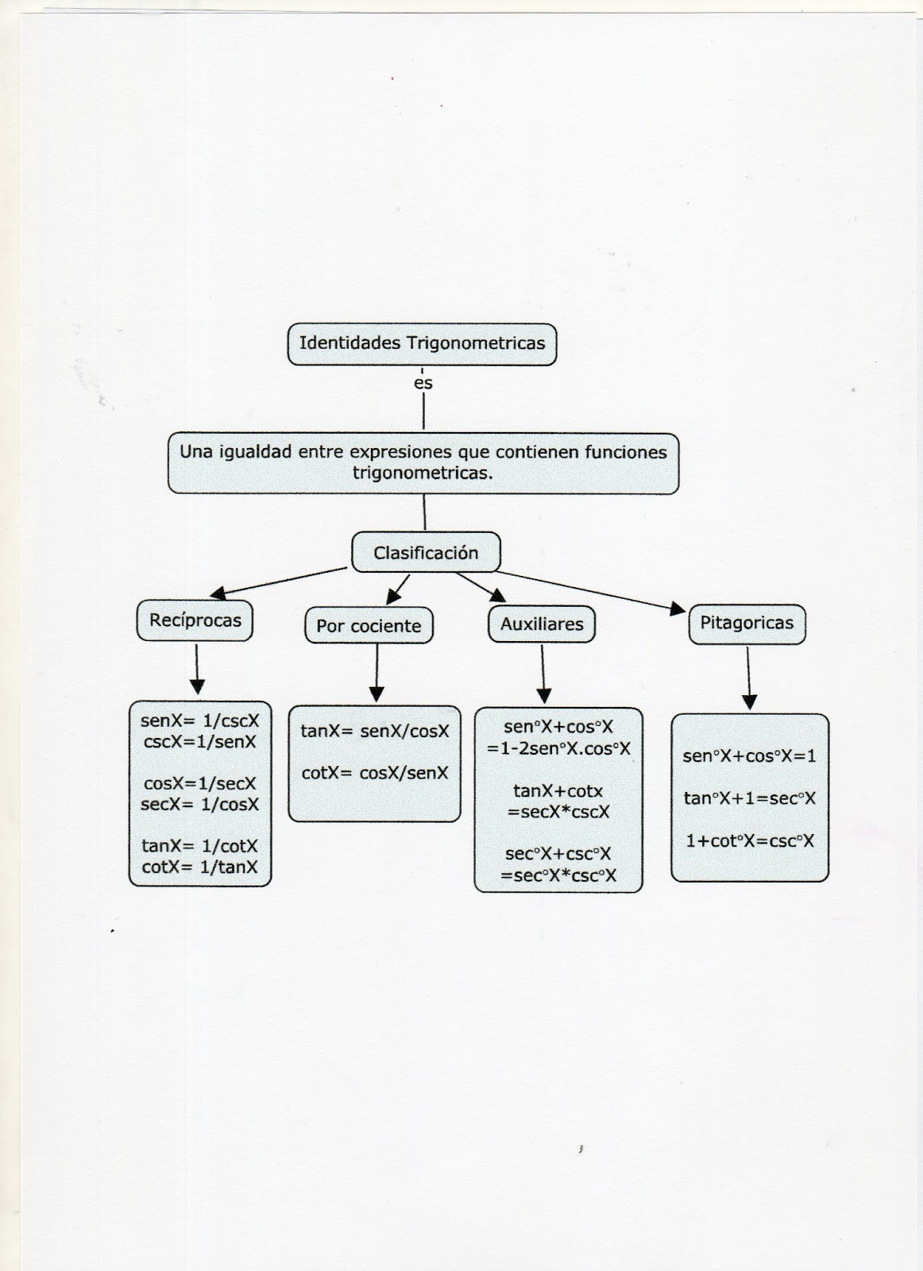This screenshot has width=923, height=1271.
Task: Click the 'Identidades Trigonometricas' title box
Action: pos(422,344)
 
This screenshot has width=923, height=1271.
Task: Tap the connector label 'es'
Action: pos(423,384)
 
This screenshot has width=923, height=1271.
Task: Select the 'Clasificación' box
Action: pos(426,552)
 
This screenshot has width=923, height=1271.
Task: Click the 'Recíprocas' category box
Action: pos(195,620)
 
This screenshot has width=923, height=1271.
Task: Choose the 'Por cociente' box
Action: pos(369,625)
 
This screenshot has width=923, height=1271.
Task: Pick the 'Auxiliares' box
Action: pos(542,624)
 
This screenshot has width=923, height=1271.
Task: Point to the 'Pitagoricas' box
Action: pos(747,624)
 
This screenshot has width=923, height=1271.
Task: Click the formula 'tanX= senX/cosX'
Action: pos(374,731)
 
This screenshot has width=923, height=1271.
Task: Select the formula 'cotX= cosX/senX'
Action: pos(374,773)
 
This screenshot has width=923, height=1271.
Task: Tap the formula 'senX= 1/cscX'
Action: pos(199,720)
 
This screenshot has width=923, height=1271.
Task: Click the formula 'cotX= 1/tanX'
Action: pos(199,867)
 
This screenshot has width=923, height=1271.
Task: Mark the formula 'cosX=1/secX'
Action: pos(199,783)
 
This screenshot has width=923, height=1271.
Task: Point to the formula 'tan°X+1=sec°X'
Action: pos(749,798)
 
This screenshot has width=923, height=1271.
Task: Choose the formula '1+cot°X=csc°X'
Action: pos(749,841)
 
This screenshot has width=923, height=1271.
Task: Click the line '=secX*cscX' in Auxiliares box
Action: pos(558,812)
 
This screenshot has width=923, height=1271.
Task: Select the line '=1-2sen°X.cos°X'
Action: pos(558,749)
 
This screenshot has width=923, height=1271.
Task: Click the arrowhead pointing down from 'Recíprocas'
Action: pos(197,687)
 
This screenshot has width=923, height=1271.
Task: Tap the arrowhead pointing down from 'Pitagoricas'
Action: pos(749,702)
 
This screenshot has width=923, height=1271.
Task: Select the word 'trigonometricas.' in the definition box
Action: pos(423,473)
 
